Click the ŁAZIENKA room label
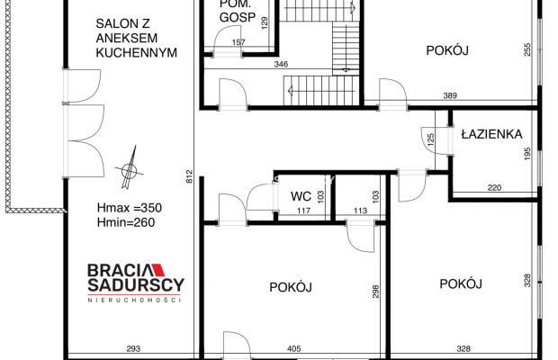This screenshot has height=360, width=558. [491, 134]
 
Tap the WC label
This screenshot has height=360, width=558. [301, 196]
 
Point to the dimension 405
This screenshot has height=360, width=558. [293, 348]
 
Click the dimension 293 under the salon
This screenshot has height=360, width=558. [132, 348]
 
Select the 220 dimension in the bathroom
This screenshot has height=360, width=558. [495, 188]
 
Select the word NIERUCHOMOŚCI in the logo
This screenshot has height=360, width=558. [135, 300]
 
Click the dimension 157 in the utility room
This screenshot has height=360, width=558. [238, 42]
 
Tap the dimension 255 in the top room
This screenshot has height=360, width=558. [526, 50]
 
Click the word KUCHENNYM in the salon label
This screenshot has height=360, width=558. [135, 53]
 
